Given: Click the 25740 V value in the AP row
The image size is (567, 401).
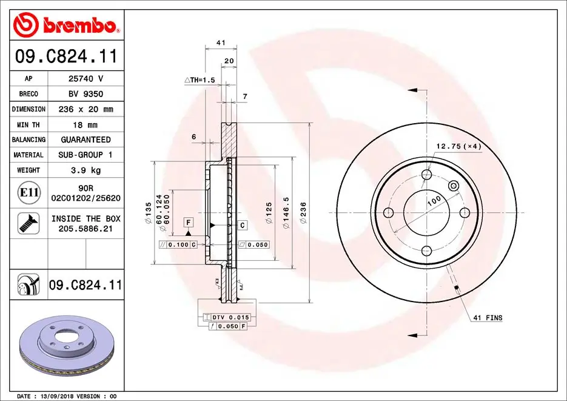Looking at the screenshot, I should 86,79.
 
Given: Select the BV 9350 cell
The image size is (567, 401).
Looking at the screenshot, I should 86,94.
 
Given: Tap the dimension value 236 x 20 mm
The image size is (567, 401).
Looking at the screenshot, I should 86,109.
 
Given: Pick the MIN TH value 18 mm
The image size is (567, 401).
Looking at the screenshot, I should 86,125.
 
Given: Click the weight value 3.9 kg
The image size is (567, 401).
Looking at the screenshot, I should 86,170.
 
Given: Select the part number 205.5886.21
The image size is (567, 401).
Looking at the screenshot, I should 86,229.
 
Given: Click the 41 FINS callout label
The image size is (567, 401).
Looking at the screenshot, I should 488,318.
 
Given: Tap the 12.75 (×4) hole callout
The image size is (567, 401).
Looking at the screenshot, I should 458,146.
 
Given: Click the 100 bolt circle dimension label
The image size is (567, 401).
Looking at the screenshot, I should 434,201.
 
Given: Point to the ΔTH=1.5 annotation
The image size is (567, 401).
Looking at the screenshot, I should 200,80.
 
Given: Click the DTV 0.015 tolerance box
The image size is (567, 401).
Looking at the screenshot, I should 230,317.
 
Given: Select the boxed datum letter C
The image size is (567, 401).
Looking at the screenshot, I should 242,226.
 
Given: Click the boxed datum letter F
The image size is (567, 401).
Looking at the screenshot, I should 189,222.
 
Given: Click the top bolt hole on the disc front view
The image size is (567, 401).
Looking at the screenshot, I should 427,175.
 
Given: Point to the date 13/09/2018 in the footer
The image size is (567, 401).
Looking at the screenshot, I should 56,396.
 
